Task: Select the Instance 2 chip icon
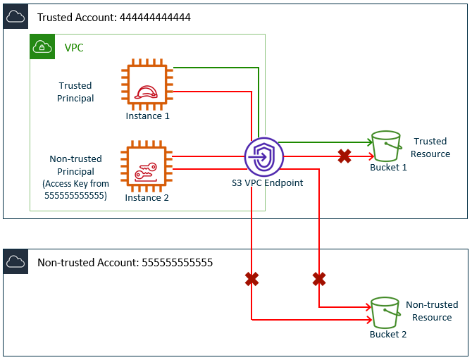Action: pyautogui.click(x=147, y=166)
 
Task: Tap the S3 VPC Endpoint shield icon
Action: pyautogui.click(x=263, y=156)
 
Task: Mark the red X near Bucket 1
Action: pyautogui.click(x=344, y=156)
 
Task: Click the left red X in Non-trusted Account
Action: pyautogui.click(x=251, y=280)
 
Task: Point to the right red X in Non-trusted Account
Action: pyautogui.click(x=318, y=280)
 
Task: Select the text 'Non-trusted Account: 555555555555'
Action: pyautogui.click(x=125, y=263)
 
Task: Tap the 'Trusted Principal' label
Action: pyautogui.click(x=75, y=92)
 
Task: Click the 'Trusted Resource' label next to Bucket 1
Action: pyautogui.click(x=431, y=148)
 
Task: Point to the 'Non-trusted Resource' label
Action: pyautogui.click(x=431, y=311)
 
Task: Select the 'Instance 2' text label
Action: pyautogui.click(x=147, y=198)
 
